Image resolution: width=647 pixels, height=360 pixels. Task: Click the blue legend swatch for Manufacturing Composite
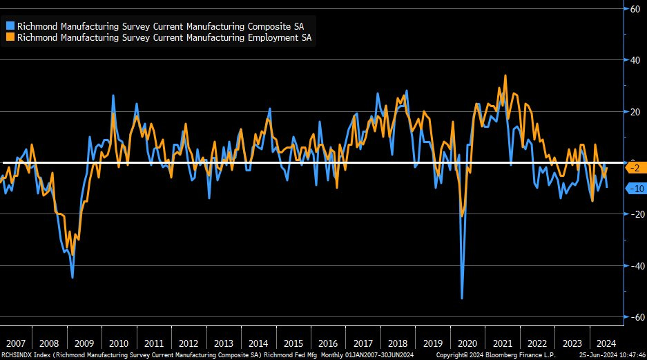tap(10, 26)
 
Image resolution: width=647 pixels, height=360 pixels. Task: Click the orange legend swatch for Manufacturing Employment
tap(10, 38)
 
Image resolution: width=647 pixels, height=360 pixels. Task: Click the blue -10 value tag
tap(635, 189)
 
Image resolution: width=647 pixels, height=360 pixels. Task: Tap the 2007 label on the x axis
tap(15, 343)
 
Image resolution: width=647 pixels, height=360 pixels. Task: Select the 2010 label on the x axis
tap(119, 343)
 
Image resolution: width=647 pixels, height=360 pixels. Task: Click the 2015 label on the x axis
tap(293, 343)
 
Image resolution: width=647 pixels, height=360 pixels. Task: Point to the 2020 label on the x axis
tap(467, 343)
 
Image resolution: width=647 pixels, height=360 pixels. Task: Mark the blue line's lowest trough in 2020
tap(462, 298)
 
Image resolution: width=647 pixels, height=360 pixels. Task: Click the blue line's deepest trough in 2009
tap(73, 277)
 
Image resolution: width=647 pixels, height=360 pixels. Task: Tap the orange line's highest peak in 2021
tap(505, 75)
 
